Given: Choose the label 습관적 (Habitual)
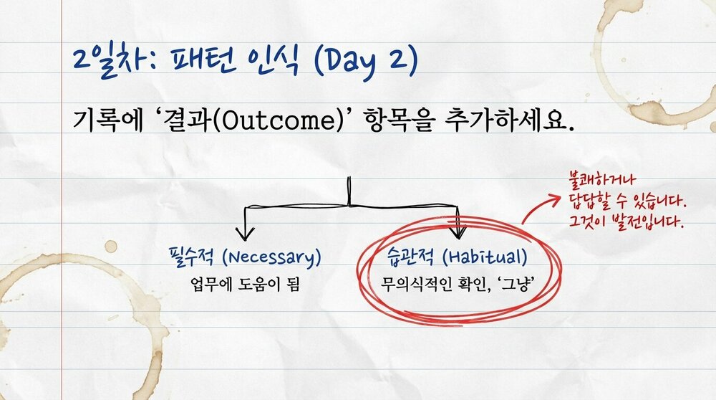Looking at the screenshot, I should coord(459,257).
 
